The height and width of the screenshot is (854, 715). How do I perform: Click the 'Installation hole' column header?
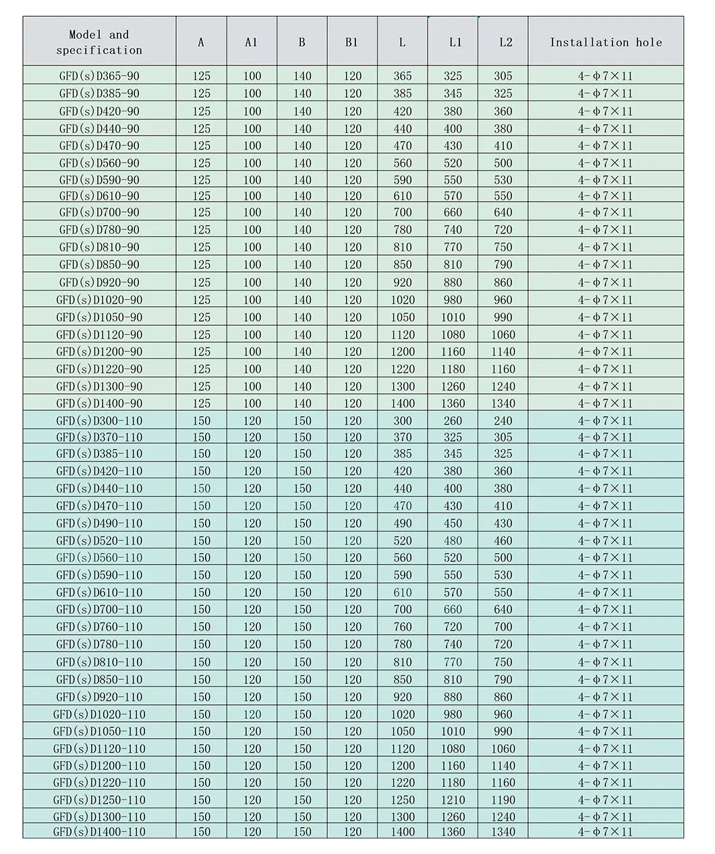click(606, 42)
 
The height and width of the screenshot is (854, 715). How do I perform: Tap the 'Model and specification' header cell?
click(99, 42)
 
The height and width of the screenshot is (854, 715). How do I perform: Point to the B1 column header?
click(351, 42)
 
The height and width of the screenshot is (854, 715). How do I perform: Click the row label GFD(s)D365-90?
click(99, 76)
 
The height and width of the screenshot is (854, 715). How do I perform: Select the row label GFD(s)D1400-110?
click(99, 832)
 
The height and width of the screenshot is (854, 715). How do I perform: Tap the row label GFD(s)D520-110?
click(99, 540)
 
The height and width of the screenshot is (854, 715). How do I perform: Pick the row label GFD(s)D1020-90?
click(99, 300)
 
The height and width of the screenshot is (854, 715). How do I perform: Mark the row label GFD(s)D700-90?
click(99, 212)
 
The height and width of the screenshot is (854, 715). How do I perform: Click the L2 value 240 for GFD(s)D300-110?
click(503, 420)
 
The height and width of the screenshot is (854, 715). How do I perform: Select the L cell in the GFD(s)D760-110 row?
click(403, 627)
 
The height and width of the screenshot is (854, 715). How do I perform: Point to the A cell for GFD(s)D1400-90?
click(202, 403)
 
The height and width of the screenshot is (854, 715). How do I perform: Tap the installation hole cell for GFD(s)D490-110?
click(606, 523)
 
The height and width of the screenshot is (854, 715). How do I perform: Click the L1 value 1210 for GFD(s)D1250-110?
click(453, 800)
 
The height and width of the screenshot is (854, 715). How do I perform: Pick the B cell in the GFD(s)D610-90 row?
click(302, 196)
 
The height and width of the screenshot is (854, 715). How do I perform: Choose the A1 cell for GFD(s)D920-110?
click(252, 697)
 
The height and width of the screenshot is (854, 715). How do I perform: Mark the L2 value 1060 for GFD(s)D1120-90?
click(503, 335)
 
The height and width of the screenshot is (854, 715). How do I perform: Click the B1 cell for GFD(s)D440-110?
click(353, 488)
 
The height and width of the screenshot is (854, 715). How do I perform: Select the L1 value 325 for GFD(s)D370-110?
click(453, 437)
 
